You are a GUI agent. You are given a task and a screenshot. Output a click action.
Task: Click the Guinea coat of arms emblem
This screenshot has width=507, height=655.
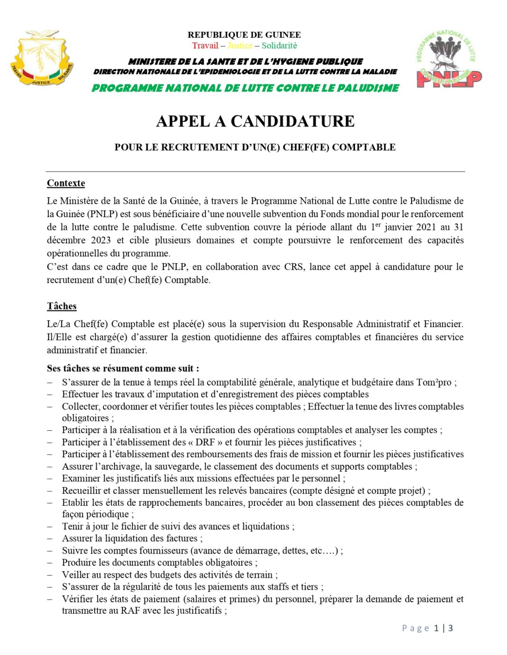pos(42,58)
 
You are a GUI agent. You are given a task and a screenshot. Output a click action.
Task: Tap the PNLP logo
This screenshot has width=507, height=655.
pos(448,59)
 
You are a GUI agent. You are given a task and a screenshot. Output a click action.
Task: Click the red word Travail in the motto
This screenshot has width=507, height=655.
pos(205,45)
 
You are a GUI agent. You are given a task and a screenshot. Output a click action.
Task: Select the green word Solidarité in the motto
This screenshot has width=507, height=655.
pos(279,45)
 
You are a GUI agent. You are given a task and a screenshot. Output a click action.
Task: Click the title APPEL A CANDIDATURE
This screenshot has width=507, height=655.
pos(255,121)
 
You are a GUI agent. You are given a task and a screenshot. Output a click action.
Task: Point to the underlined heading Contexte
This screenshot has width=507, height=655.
pos(66,183)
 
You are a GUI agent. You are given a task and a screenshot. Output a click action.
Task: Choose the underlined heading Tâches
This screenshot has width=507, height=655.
pos(62,306)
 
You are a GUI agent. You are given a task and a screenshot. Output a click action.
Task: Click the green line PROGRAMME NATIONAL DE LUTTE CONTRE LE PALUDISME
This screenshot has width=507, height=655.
pos(245,88)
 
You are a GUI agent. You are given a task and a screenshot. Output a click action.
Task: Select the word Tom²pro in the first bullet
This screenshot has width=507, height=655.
pos(434,382)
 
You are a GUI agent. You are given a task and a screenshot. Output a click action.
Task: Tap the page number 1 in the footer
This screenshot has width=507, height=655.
pos(436,628)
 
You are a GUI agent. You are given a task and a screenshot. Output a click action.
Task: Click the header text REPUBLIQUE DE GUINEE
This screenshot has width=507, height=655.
pos(244,35)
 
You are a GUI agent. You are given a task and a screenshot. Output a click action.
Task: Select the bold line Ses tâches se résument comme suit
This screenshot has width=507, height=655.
pos(123,369)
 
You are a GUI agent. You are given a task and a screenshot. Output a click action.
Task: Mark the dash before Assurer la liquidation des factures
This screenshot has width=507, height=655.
pos(50,539)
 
